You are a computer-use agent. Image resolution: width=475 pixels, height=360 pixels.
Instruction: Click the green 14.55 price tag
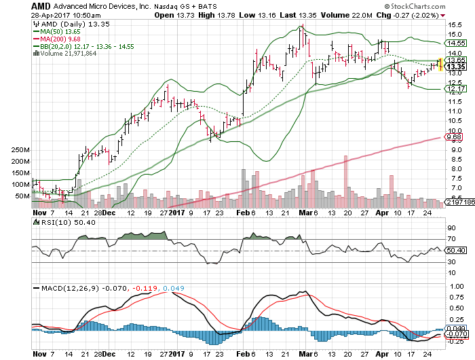click(455, 42)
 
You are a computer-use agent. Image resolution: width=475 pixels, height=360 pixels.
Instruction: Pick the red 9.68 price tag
click(455, 137)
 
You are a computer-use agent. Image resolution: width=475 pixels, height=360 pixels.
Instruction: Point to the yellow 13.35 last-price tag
click(455, 67)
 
